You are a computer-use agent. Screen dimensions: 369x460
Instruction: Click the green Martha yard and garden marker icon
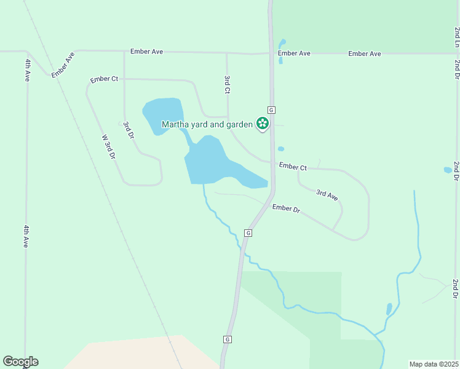pos(263,124)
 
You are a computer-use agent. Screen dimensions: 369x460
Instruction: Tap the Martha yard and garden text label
pos(207,124)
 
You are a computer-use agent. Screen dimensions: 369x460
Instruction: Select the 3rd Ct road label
pos(227,84)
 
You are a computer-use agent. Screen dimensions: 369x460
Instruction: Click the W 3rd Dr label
pos(109,147)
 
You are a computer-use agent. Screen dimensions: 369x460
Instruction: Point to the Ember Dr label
pos(286,209)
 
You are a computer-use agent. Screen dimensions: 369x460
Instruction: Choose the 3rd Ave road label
pos(327,195)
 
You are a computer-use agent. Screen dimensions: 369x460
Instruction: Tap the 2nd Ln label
pos(457,37)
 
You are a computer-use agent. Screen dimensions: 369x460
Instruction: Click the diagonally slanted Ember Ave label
pos(63,65)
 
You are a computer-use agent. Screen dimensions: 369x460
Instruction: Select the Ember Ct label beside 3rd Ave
pos(293,167)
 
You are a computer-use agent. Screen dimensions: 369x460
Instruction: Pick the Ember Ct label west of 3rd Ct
pos(103,79)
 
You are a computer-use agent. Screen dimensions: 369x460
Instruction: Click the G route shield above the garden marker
pos(271,109)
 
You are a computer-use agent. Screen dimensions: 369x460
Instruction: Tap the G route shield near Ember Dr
pos(248,233)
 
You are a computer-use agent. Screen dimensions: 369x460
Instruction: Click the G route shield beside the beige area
pos(227,339)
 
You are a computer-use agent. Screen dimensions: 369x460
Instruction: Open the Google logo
pos(20,362)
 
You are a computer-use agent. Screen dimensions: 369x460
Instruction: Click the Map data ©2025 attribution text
pos(434,364)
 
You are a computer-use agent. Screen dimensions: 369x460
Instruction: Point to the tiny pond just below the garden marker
pos(281,149)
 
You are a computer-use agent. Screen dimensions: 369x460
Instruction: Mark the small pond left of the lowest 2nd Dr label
pos(389,308)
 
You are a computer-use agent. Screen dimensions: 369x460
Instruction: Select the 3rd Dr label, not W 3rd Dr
pos(128,130)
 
